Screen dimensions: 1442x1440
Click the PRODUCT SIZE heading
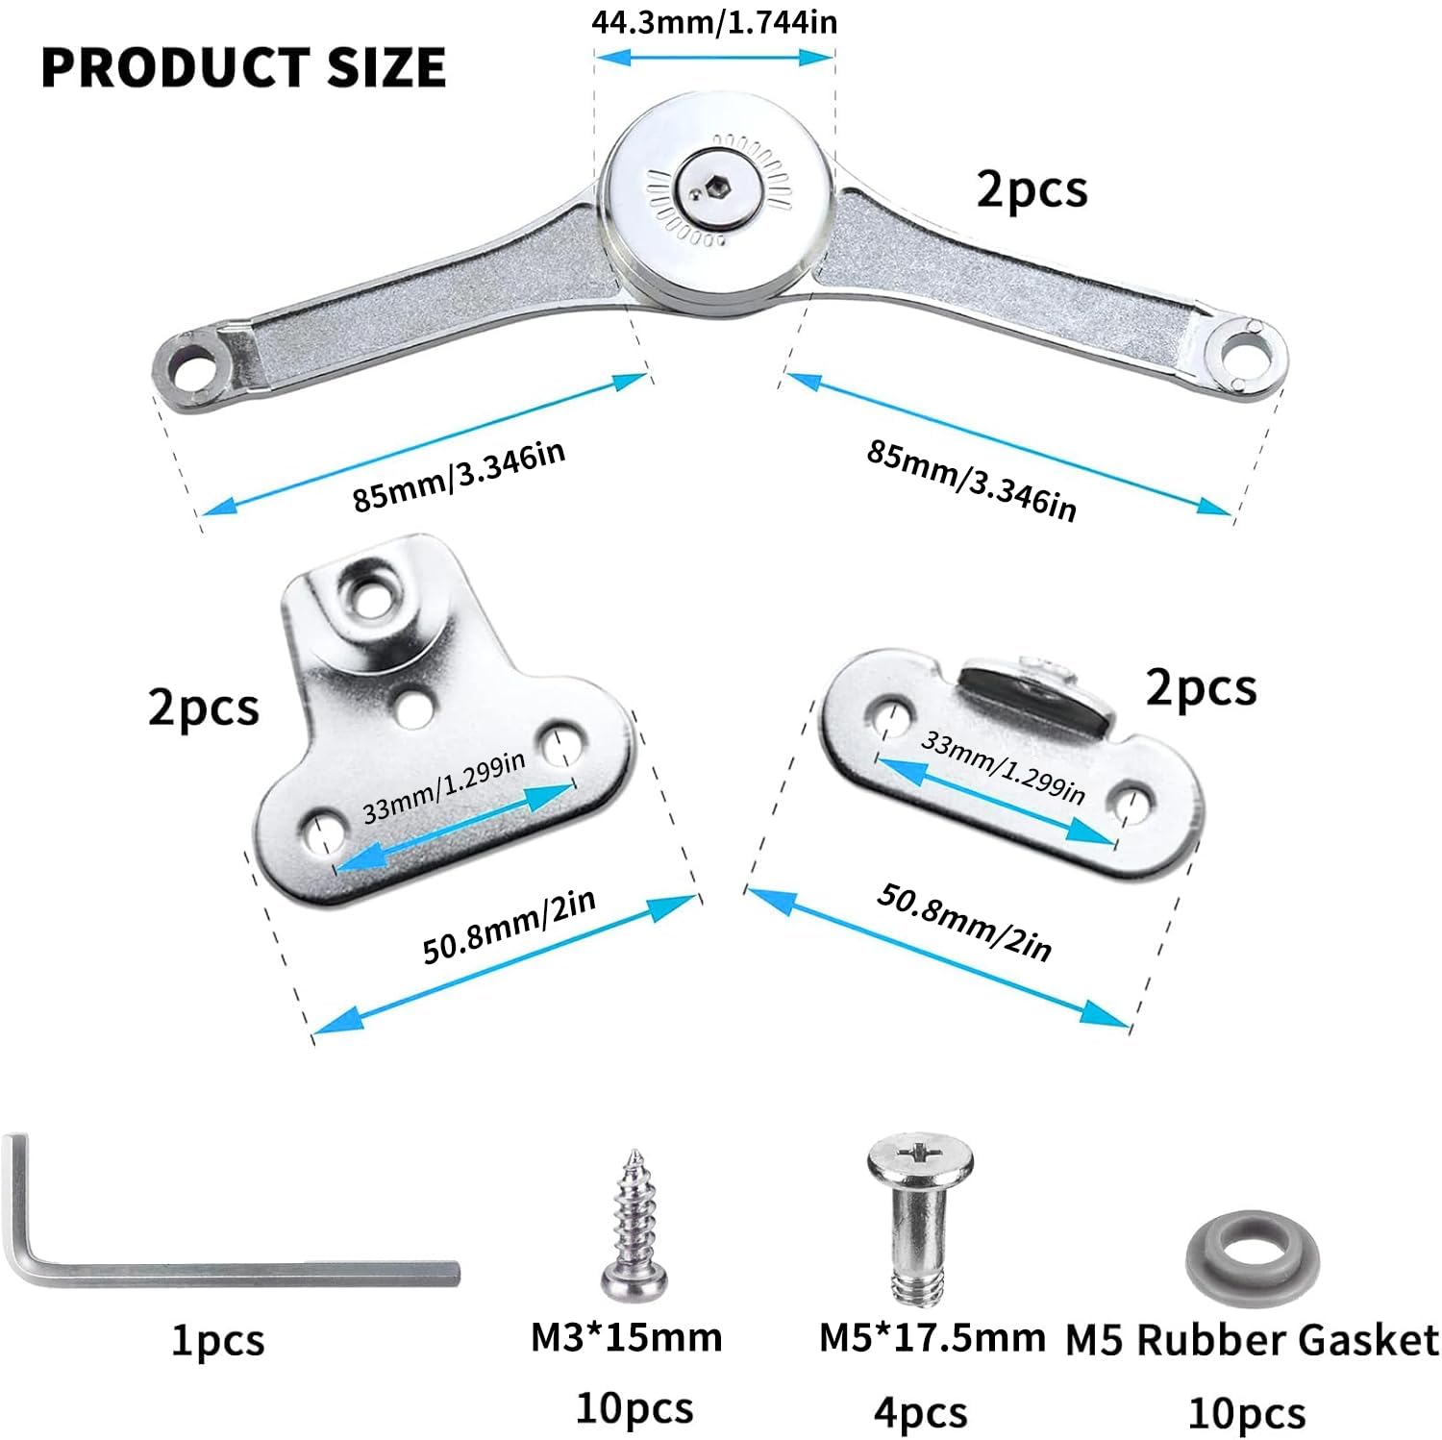243,67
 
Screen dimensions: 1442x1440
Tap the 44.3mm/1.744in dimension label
713,20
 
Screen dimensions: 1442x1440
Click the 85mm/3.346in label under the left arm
459,477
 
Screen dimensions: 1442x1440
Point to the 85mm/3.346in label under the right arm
972,480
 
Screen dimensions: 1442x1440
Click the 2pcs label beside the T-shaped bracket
203,708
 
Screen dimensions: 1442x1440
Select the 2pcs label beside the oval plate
1201,688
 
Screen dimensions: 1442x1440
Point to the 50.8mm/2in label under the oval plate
964,922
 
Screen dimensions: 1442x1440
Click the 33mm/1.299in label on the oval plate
1003,767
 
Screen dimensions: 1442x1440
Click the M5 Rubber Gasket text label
1253,1341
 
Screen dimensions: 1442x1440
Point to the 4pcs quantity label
920,1413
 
